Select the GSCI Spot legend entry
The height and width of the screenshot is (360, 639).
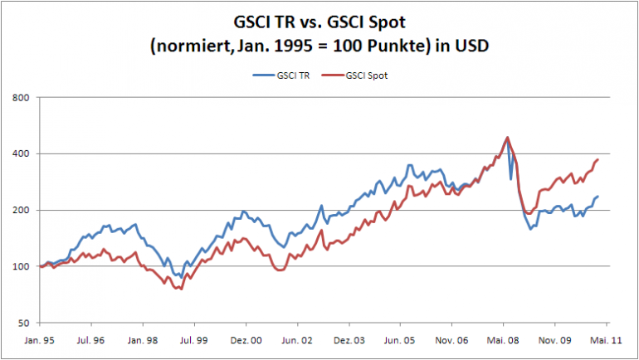point(363,75)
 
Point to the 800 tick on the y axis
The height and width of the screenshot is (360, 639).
point(22,98)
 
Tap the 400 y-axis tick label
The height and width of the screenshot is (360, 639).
point(22,154)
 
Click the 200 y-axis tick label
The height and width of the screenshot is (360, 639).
point(22,210)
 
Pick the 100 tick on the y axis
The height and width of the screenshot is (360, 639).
point(22,266)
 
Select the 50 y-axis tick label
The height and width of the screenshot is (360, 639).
point(24,323)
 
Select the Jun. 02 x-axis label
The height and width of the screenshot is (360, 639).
point(297,340)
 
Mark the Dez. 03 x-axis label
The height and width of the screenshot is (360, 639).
point(349,340)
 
